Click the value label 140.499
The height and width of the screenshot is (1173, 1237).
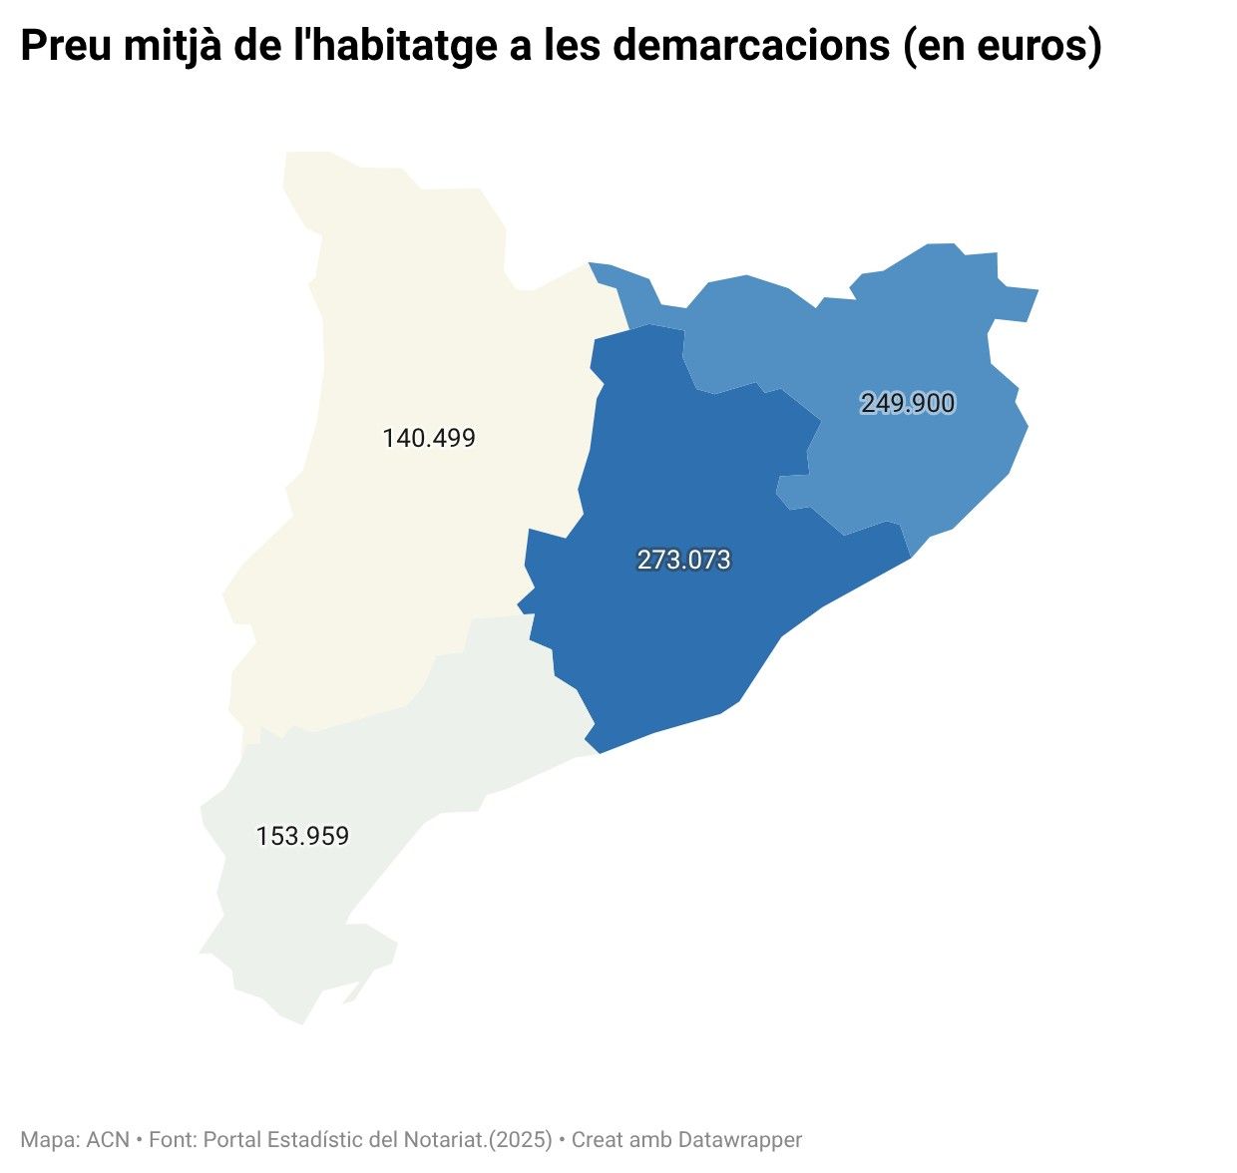pos(429,438)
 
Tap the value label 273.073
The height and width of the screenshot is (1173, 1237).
pos(684,561)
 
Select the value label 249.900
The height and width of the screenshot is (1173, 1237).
pos(908,403)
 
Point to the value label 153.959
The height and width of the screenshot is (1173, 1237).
pos(302,836)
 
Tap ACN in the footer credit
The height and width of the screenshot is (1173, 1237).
pos(108,1139)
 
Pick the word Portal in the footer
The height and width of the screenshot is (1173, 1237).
pos(232,1139)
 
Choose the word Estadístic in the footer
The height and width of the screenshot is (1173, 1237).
pos(315,1139)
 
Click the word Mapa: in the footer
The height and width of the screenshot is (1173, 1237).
pos(50,1139)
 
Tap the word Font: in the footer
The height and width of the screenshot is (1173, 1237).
pos(173,1139)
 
